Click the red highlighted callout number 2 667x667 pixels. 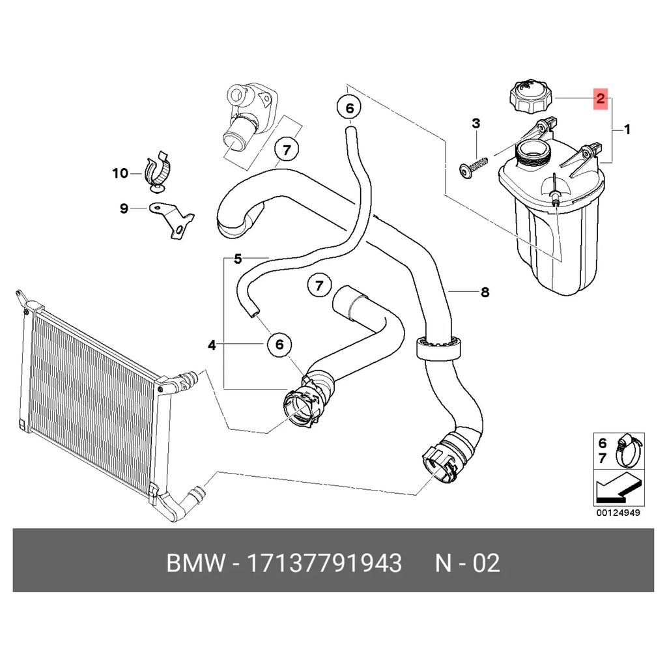[x=600, y=99]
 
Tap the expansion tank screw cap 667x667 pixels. [x=532, y=96]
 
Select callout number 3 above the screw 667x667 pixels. [x=476, y=123]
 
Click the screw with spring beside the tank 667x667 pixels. [x=473, y=167]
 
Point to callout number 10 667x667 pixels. [x=121, y=173]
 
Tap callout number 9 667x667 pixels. [x=124, y=208]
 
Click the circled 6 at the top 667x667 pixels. [x=349, y=108]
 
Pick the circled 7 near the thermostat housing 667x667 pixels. [x=287, y=150]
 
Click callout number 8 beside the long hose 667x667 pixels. [x=485, y=292]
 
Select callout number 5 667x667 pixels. [x=238, y=258]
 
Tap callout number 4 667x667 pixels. [x=212, y=345]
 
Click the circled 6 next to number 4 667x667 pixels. [x=279, y=344]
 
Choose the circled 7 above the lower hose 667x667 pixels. [x=319, y=285]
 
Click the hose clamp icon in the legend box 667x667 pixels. [x=629, y=451]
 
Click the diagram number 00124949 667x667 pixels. [x=618, y=513]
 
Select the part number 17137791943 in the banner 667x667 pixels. [x=324, y=563]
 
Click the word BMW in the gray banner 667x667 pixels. [x=195, y=563]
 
